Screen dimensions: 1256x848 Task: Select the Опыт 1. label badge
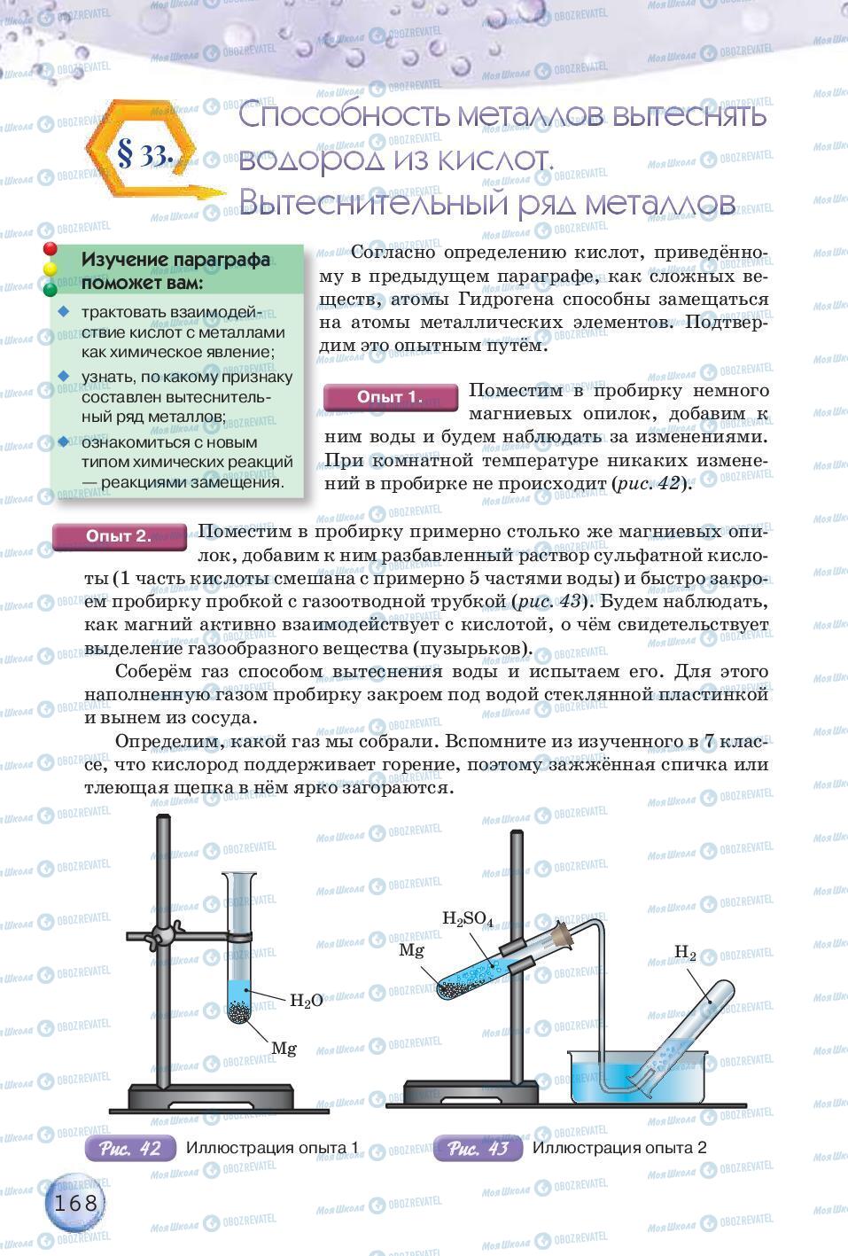click(389, 397)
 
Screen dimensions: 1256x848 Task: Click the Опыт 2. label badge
click(119, 536)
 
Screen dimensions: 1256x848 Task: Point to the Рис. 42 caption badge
click(129, 1149)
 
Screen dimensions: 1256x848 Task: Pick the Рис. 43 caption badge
click(477, 1149)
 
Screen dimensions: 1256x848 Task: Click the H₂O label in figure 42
click(307, 1001)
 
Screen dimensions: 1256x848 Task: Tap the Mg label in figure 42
click(284, 1049)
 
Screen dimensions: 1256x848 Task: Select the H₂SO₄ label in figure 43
click(467, 919)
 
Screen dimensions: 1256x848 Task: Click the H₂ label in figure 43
click(685, 953)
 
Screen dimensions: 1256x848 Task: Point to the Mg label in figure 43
click(411, 950)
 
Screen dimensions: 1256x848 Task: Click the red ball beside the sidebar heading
click(51, 250)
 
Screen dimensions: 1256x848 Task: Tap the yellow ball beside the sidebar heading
click(51, 269)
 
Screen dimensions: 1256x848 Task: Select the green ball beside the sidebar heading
click(51, 288)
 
